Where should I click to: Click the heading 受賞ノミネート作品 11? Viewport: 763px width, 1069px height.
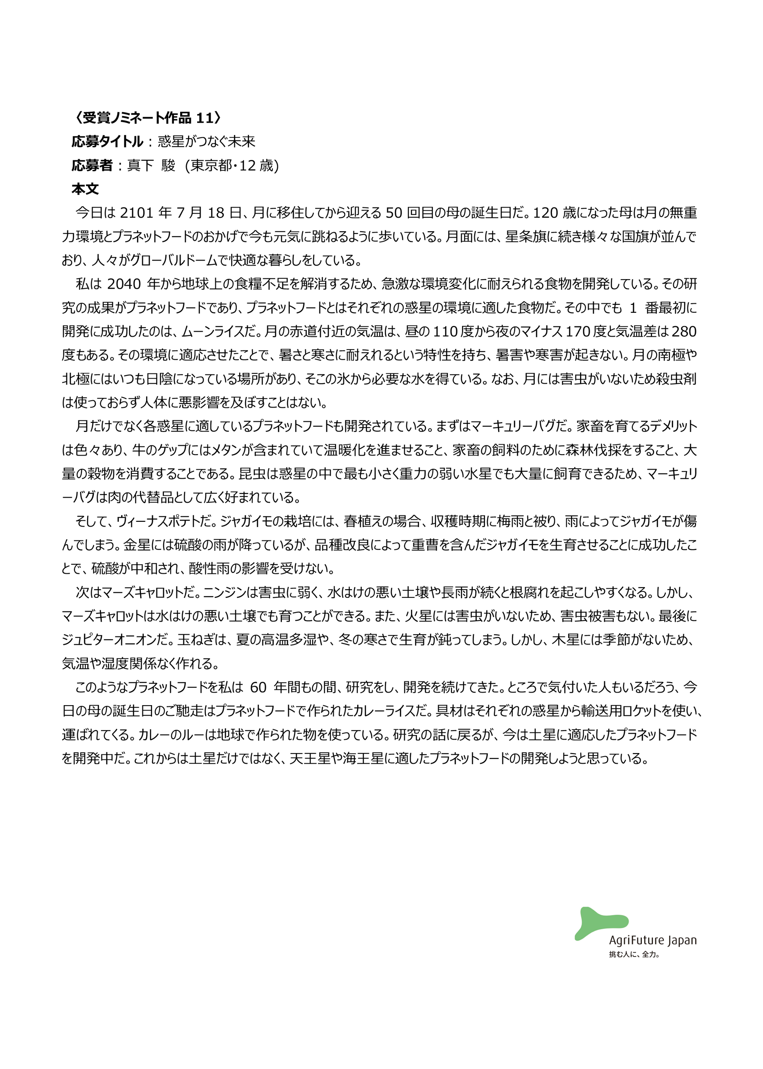(x=147, y=118)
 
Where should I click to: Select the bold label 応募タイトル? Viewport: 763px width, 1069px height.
(x=107, y=141)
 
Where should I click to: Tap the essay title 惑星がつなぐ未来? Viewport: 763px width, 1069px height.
(x=206, y=141)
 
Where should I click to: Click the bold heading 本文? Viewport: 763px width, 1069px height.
(x=85, y=189)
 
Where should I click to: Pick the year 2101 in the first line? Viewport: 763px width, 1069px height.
(x=136, y=213)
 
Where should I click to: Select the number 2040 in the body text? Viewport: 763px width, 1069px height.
(x=124, y=284)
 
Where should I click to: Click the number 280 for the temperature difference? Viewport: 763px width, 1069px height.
(x=683, y=332)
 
